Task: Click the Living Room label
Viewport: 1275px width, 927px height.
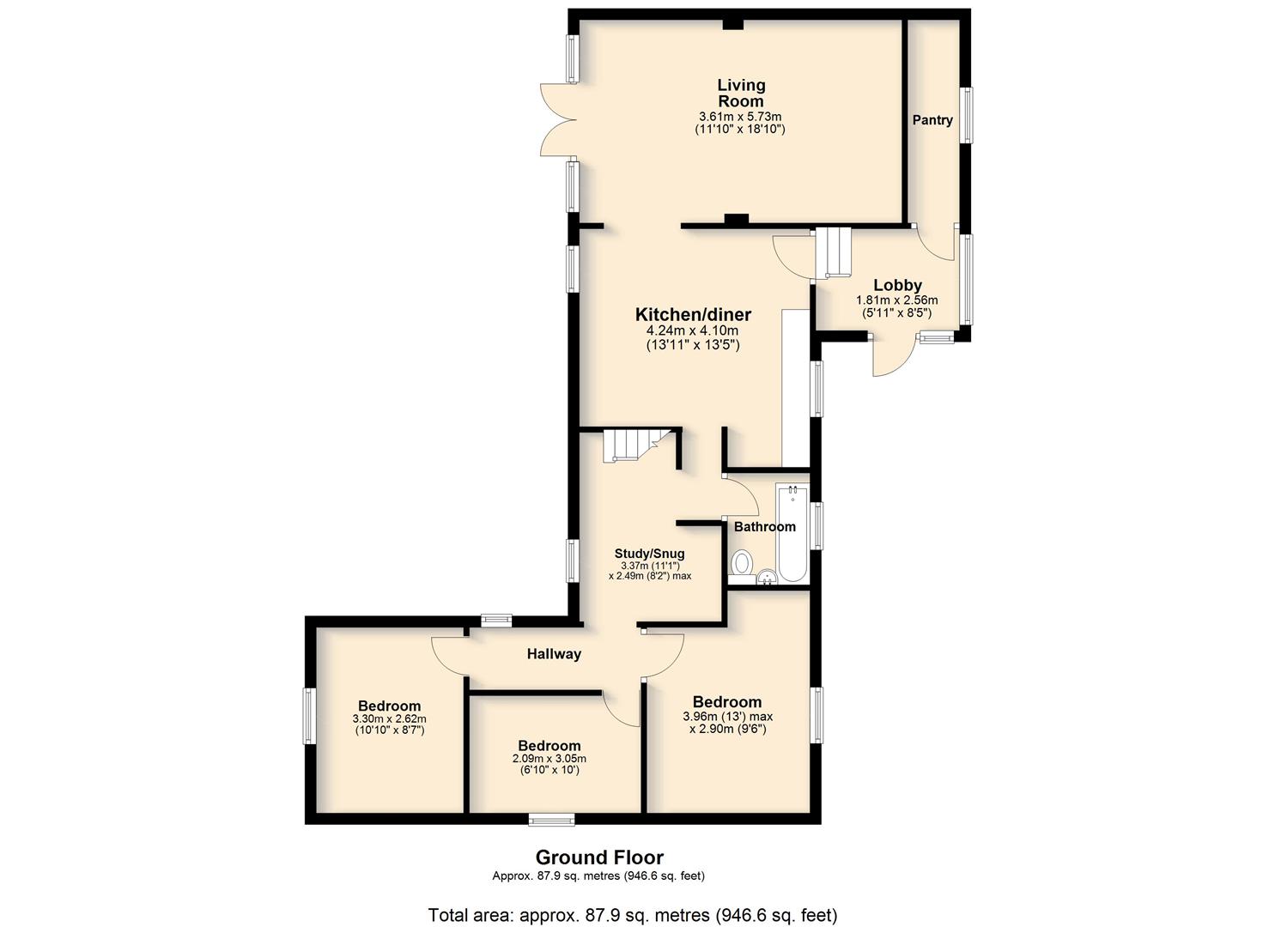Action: (x=740, y=94)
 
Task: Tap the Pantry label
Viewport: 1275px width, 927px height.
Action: (x=932, y=120)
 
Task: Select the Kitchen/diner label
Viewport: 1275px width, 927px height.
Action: (x=693, y=314)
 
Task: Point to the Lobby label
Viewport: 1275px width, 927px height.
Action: (x=897, y=285)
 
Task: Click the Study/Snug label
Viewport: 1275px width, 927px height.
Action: (x=649, y=553)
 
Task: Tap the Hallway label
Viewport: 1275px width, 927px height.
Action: (x=554, y=654)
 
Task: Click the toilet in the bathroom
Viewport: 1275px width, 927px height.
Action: (x=742, y=563)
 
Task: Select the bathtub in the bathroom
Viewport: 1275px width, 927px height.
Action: (x=792, y=533)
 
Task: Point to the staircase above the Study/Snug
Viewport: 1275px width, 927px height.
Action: (x=632, y=445)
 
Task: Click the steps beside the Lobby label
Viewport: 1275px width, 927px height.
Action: (x=833, y=252)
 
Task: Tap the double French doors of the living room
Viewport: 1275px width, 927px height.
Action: (x=559, y=119)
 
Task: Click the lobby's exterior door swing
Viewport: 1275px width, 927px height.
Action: (x=893, y=357)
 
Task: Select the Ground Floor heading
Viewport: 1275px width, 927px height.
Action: (x=599, y=857)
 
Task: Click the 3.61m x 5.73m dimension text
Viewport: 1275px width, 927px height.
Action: (x=740, y=117)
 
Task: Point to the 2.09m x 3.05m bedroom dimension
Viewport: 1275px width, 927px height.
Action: (x=549, y=759)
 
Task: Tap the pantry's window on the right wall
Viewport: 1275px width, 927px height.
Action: (x=966, y=114)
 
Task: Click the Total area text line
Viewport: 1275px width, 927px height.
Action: (x=633, y=900)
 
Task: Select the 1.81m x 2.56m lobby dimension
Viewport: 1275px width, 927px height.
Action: (x=897, y=300)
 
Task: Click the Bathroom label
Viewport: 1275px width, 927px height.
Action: (x=764, y=526)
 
